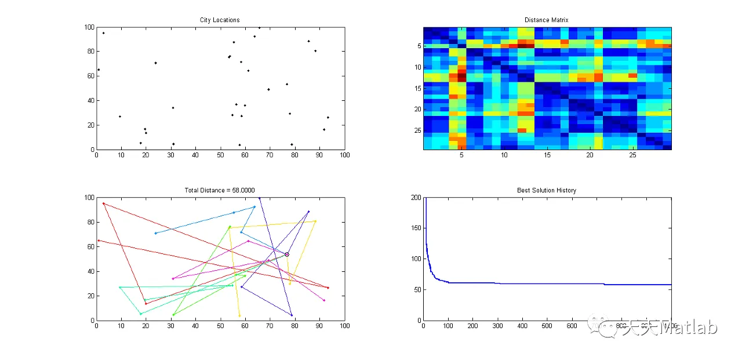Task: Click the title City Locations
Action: tap(220, 20)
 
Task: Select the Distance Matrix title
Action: tap(547, 20)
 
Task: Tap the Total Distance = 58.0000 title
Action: tap(220, 190)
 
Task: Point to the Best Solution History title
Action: tap(547, 190)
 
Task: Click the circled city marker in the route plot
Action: tap(286, 254)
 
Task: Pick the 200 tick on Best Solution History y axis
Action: tap(416, 198)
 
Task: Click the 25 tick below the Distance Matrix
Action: tap(633, 155)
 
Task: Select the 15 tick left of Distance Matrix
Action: tap(417, 88)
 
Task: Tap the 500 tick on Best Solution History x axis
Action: tap(547, 326)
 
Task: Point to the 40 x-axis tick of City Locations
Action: tap(196, 155)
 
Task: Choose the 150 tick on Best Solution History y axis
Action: tap(416, 228)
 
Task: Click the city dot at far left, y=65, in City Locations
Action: tap(99, 70)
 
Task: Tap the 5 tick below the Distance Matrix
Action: tap(461, 155)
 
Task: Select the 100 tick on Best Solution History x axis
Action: tap(449, 326)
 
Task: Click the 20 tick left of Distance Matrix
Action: tap(417, 109)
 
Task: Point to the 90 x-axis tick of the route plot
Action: tap(320, 326)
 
